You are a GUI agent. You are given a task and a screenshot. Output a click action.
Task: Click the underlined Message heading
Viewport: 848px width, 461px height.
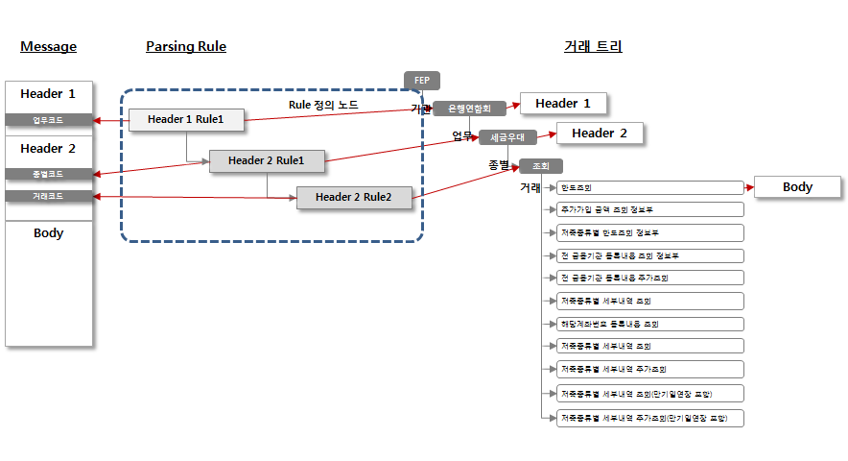click(48, 46)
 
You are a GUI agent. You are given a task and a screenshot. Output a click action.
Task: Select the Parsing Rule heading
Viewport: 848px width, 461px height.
click(186, 46)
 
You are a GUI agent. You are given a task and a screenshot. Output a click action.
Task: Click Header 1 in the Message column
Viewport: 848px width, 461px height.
click(48, 94)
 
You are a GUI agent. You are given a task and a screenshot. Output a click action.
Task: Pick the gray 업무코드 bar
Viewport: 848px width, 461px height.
click(49, 120)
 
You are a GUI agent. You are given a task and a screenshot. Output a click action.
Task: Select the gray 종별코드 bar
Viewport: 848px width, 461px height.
click(49, 174)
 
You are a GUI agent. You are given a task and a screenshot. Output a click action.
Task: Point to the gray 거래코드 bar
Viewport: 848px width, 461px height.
click(49, 196)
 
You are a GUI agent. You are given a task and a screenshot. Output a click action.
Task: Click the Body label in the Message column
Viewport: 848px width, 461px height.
click(48, 233)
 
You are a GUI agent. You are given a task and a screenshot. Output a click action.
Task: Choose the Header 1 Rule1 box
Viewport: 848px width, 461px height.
click(186, 120)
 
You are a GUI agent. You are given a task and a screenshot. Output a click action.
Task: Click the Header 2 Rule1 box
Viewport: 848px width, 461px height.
click(267, 160)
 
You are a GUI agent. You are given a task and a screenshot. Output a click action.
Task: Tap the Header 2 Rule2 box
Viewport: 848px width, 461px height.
click(354, 197)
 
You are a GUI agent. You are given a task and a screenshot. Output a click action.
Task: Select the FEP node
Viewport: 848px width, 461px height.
click(421, 81)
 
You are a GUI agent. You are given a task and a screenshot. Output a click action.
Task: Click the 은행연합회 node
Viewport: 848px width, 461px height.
click(469, 109)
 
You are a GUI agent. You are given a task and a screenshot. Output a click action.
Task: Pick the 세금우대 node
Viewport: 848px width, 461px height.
click(507, 137)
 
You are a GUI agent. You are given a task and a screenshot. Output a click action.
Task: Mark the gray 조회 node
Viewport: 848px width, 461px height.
click(540, 165)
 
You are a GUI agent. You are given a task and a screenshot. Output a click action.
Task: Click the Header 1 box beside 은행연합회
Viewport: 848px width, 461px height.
click(563, 104)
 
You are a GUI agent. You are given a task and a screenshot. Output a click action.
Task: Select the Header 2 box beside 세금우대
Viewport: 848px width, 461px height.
click(600, 133)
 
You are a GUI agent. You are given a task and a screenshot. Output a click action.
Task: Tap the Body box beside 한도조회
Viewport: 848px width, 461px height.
click(797, 187)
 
